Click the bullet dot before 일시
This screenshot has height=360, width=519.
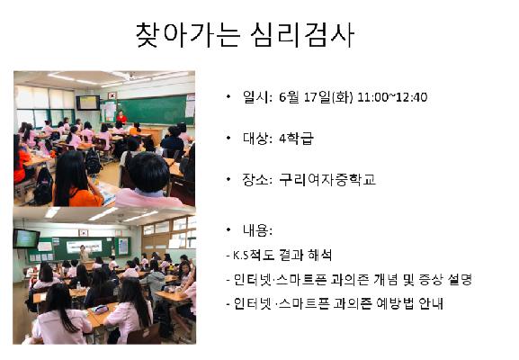(230, 97)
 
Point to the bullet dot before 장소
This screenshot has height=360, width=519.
(230, 179)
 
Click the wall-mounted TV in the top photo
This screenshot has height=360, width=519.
(87, 102)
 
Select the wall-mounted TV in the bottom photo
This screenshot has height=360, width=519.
(26, 238)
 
